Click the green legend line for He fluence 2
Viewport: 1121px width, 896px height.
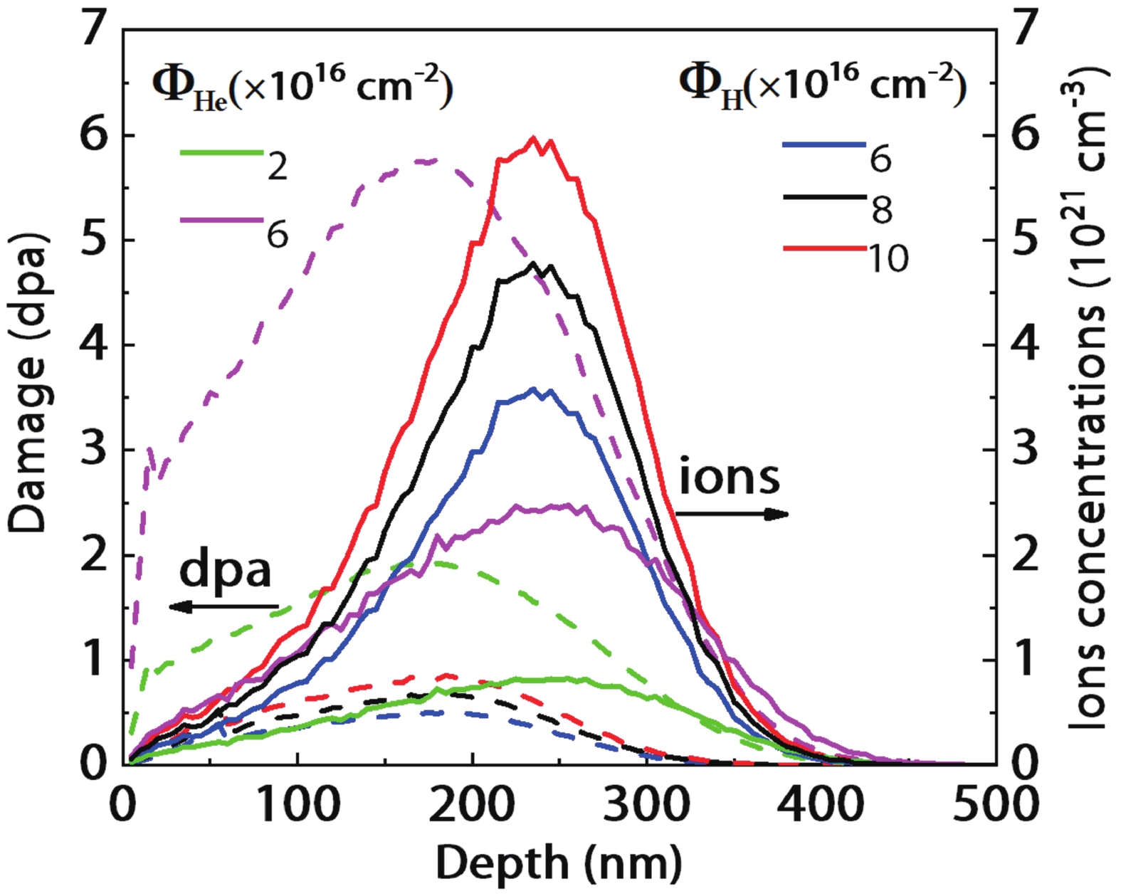tap(221, 152)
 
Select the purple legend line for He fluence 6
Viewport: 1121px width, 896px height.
tap(221, 221)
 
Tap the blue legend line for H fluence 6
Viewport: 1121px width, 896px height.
tap(824, 145)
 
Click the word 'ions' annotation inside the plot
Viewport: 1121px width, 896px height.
tap(730, 477)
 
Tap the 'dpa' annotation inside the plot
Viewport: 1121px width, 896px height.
tap(225, 569)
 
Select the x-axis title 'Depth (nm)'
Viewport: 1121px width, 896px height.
tap(559, 863)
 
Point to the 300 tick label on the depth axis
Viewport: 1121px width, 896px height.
tap(646, 804)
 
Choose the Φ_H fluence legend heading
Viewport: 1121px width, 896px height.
tap(822, 84)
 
